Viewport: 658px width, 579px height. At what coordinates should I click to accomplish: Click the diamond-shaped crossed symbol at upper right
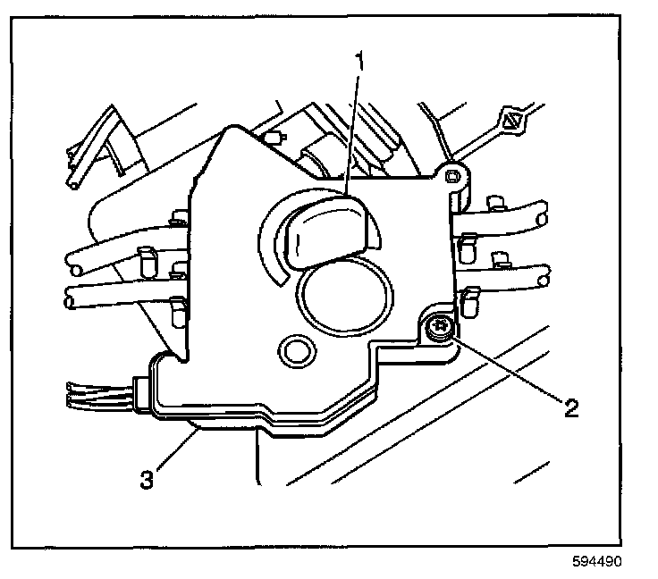(512, 120)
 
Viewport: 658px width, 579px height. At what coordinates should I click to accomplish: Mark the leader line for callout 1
(350, 134)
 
